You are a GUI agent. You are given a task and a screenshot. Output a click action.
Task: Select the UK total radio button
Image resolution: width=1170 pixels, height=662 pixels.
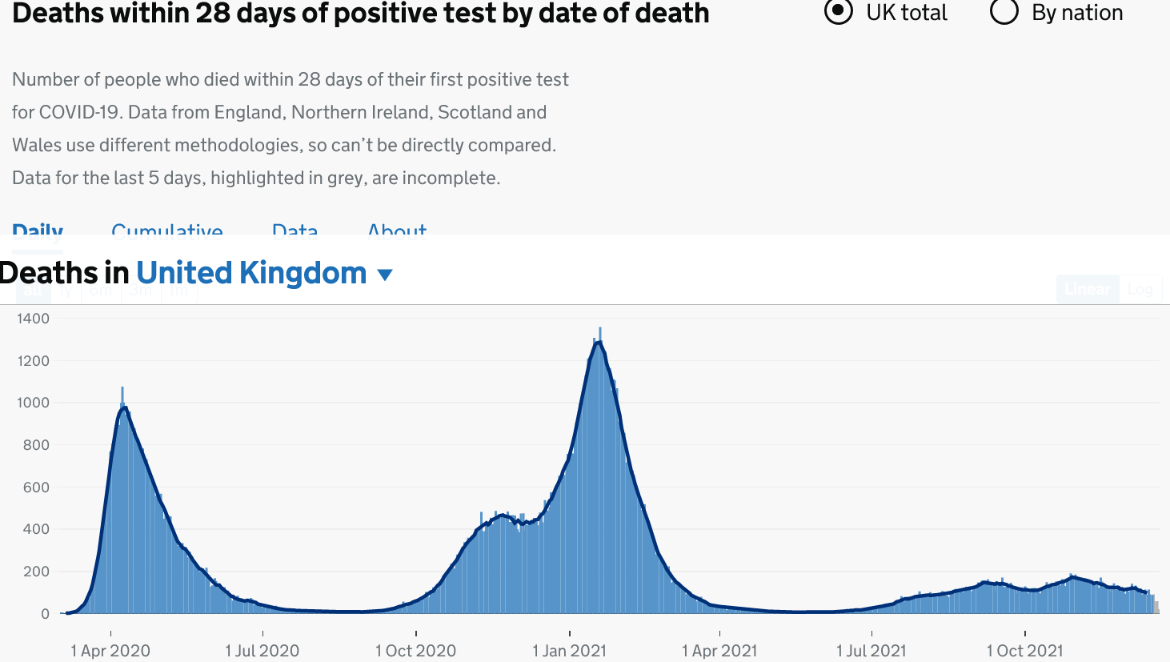point(838,12)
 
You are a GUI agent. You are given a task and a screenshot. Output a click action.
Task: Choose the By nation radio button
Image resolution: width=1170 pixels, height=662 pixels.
point(1004,12)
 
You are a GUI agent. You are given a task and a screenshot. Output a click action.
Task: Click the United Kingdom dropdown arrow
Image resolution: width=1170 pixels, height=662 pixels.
point(385,275)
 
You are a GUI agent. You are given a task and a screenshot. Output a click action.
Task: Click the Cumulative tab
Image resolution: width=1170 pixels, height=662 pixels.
point(167,231)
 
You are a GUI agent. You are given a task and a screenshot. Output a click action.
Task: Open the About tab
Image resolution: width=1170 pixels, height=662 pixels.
point(397,231)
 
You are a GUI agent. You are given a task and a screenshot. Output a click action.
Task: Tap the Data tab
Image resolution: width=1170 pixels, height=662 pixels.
point(295,231)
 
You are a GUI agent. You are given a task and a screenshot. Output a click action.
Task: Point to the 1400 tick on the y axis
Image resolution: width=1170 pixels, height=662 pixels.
point(33,319)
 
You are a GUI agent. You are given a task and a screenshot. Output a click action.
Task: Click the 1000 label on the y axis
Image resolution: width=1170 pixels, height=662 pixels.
point(33,403)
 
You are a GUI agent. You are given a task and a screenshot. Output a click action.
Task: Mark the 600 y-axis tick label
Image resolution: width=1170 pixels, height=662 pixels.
point(36,487)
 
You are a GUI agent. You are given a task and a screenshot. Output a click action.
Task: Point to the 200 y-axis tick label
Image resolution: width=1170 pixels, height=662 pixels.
point(36,572)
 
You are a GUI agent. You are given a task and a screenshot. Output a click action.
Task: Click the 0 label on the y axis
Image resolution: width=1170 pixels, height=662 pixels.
point(45,614)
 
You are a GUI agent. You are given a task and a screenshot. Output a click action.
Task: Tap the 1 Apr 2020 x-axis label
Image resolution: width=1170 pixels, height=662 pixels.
point(110,651)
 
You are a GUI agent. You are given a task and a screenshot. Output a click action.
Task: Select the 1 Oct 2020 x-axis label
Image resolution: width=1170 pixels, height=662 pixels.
point(416,651)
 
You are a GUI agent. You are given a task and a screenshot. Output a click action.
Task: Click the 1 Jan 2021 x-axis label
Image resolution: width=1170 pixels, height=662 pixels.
point(570,651)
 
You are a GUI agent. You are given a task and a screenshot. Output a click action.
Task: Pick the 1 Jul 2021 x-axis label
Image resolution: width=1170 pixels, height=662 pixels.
point(871,651)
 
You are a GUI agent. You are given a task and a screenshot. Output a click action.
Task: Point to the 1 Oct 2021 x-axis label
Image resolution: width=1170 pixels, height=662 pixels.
point(1025,651)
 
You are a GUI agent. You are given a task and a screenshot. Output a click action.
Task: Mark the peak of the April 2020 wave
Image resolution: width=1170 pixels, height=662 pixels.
point(124,407)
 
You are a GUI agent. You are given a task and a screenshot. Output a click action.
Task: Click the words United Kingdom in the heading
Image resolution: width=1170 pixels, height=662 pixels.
point(251,274)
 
